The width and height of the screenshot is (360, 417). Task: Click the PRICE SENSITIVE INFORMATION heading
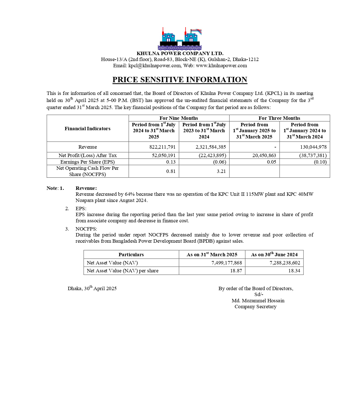[180, 80]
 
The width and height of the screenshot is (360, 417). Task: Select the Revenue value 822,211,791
[162, 147]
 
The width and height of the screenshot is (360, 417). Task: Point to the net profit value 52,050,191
[164, 155]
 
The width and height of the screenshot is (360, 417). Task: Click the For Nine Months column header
[179, 118]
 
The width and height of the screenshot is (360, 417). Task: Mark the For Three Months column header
[279, 118]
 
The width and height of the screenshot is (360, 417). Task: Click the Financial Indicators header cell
[88, 129]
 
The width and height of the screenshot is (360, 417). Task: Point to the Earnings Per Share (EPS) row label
[88, 162]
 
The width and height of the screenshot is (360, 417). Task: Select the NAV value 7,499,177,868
[226, 263]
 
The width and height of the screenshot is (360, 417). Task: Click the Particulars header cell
[131, 255]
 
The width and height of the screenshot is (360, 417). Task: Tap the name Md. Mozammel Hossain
[258, 301]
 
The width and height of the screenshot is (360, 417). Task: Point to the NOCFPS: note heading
[86, 229]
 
